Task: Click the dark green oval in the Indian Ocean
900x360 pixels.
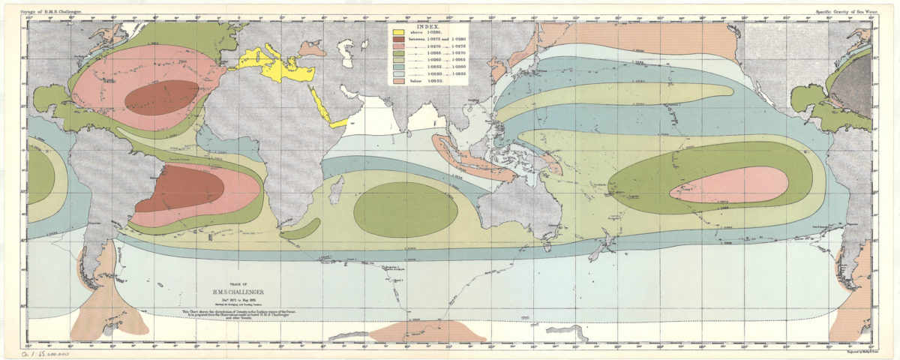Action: coord(405,209)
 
